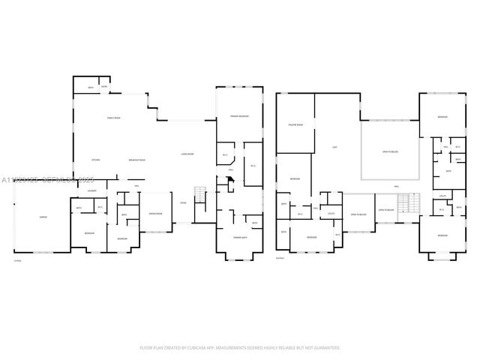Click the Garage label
(x=43, y=217)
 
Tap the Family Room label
(x=113, y=118)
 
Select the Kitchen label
(x=96, y=160)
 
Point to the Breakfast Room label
(x=137, y=160)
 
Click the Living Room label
(x=187, y=154)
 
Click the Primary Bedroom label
(x=238, y=117)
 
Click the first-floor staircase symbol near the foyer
(x=199, y=194)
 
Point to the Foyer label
(x=184, y=202)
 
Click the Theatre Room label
(x=295, y=124)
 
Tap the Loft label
(x=334, y=147)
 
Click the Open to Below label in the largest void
(x=389, y=151)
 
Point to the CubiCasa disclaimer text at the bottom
(x=240, y=347)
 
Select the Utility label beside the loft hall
(x=331, y=214)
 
